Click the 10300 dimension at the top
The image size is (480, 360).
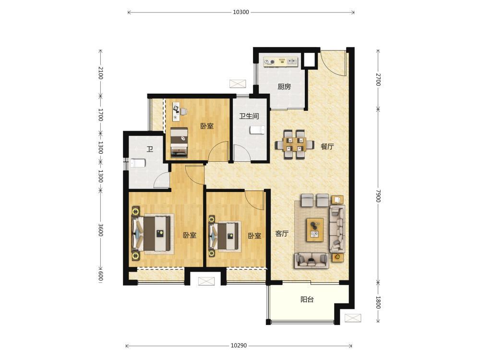[x=241, y=12]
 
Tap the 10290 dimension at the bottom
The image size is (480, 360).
[x=239, y=346]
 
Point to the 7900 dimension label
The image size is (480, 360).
[x=378, y=196]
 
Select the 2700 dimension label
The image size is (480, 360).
[x=378, y=80]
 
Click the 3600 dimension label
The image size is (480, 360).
[x=101, y=230]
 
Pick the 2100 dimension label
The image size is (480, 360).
[x=101, y=73]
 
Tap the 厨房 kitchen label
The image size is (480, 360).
[x=284, y=86]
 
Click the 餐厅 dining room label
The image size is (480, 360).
[x=327, y=146]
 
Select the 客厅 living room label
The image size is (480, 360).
[x=282, y=234]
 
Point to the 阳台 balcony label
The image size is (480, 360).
[x=307, y=300]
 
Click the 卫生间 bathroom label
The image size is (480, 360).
[x=249, y=116]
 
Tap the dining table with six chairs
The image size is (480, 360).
[x=294, y=144]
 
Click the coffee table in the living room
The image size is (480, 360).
[x=315, y=230]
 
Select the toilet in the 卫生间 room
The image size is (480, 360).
[x=257, y=130]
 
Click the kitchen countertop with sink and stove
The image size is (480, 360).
[x=281, y=61]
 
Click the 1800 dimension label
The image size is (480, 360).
[x=378, y=302]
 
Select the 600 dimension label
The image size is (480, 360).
[x=101, y=276]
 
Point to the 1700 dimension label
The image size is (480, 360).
[x=101, y=115]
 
